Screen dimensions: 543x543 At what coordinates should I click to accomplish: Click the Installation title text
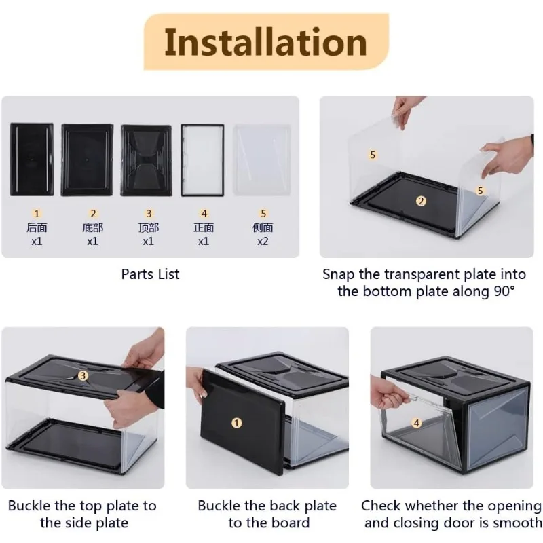click(265, 42)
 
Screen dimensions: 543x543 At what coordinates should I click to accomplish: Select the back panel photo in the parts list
click(32, 160)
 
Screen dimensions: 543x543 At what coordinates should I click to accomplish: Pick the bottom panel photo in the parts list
click(88, 160)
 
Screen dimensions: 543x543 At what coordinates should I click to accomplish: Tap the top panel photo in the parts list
click(146, 160)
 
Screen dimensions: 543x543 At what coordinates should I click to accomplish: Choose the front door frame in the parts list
click(202, 160)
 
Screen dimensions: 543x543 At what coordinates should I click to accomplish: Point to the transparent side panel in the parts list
click(262, 160)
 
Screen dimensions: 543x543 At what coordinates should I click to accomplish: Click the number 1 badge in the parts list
click(37, 213)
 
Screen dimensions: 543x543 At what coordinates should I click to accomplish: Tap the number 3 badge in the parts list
click(149, 213)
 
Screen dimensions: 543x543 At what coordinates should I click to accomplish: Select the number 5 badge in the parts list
click(263, 213)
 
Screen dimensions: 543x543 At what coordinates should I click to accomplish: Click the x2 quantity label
click(263, 241)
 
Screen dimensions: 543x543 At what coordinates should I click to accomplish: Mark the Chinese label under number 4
click(204, 227)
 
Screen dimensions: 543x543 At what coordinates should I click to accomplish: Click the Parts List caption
click(150, 274)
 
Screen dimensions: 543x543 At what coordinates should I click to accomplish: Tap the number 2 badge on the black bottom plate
click(421, 201)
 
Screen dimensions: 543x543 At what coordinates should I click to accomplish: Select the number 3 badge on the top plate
click(83, 376)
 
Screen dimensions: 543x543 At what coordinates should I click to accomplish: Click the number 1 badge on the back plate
click(236, 423)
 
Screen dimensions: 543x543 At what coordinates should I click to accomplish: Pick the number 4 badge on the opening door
click(417, 423)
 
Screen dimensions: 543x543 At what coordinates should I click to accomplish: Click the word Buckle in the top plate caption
click(29, 506)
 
